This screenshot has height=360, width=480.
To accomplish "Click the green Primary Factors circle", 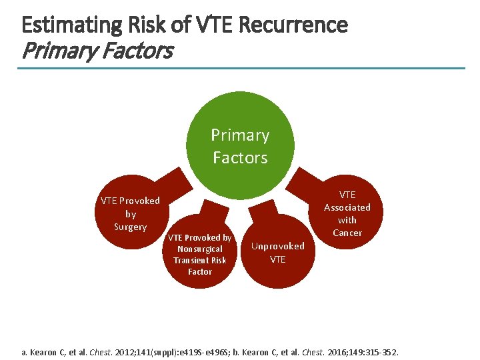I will [x=240, y=146].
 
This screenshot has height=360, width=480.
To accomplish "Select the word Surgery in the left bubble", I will [x=130, y=227].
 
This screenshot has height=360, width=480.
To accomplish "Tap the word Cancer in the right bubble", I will [x=347, y=233].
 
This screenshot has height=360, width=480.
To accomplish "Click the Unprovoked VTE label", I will [x=278, y=252].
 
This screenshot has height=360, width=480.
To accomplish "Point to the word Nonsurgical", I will [x=200, y=249].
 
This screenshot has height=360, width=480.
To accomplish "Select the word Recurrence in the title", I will [x=292, y=25].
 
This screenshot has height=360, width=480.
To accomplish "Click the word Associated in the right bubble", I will [x=347, y=207].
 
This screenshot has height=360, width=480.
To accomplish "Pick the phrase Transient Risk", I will [x=200, y=260].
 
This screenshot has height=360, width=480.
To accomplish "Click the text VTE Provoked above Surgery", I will [x=130, y=201].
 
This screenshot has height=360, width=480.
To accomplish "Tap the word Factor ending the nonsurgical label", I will [x=200, y=271].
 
